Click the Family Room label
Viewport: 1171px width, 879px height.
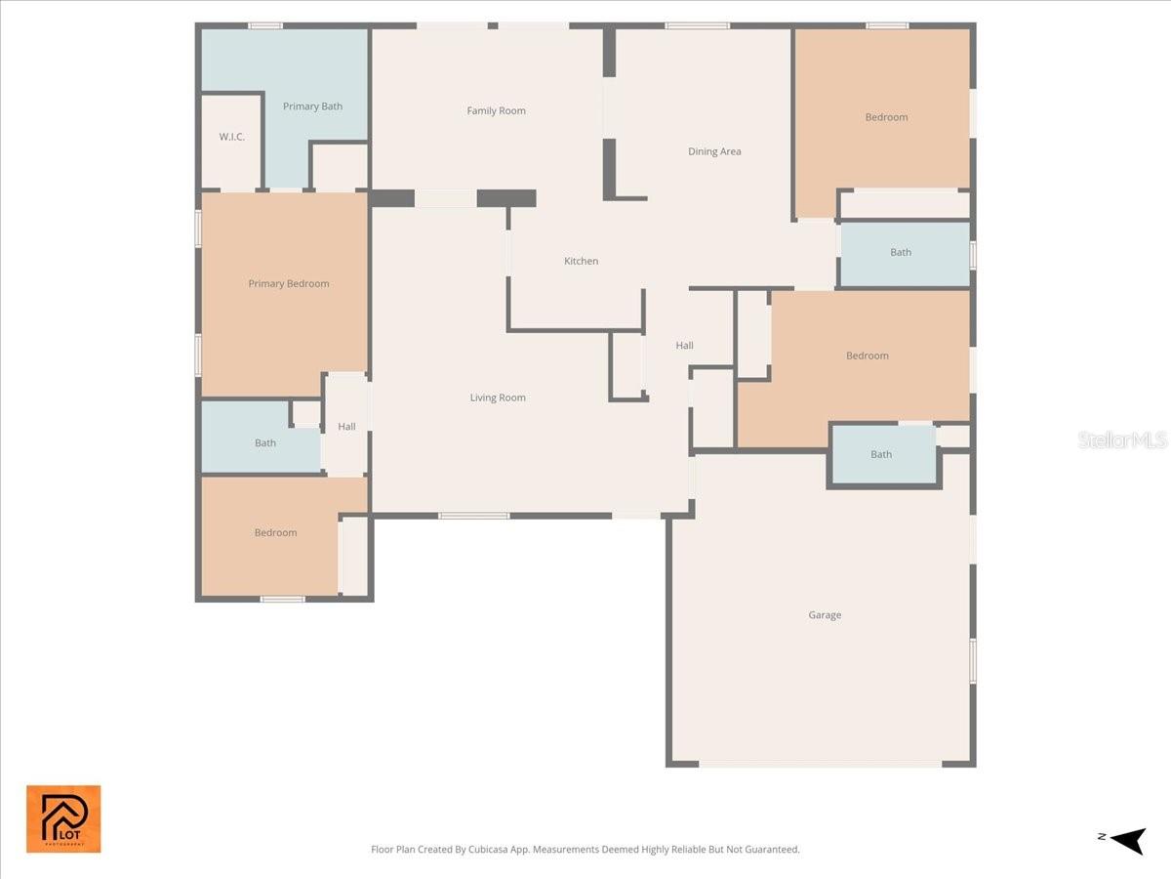tap(496, 111)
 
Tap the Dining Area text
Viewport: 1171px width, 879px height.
tap(714, 151)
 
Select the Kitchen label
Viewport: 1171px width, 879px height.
tap(581, 261)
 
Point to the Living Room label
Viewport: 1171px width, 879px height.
tap(498, 398)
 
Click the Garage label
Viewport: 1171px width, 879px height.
tap(825, 615)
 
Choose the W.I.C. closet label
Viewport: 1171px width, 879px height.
tap(231, 137)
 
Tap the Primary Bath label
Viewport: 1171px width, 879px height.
tap(312, 106)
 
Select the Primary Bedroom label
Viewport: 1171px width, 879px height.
tap(288, 284)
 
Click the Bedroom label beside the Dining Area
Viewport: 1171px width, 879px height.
tap(886, 117)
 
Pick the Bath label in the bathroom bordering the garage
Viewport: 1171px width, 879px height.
tap(881, 454)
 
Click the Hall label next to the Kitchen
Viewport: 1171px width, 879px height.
tap(685, 346)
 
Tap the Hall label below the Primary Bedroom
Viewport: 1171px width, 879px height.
tap(346, 427)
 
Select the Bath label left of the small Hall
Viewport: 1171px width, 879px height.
tap(265, 443)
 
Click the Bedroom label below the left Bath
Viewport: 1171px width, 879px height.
tap(275, 533)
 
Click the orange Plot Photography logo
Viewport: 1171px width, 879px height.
tap(63, 818)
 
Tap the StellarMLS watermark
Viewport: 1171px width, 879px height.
tap(1121, 440)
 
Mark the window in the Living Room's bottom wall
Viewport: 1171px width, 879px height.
tap(473, 516)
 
